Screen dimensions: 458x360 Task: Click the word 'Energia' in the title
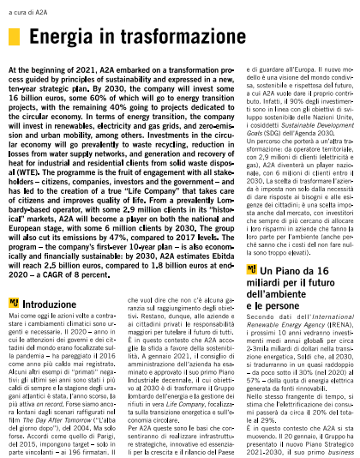(61, 38)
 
